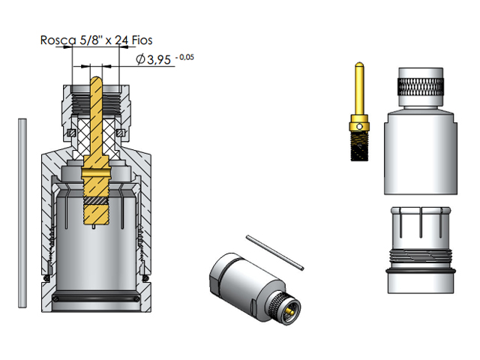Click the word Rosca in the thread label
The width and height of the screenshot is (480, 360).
(58, 40)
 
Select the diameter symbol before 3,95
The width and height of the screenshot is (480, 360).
(140, 59)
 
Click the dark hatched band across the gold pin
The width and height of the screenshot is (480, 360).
(96, 201)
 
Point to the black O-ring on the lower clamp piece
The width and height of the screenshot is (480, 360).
(421, 268)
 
